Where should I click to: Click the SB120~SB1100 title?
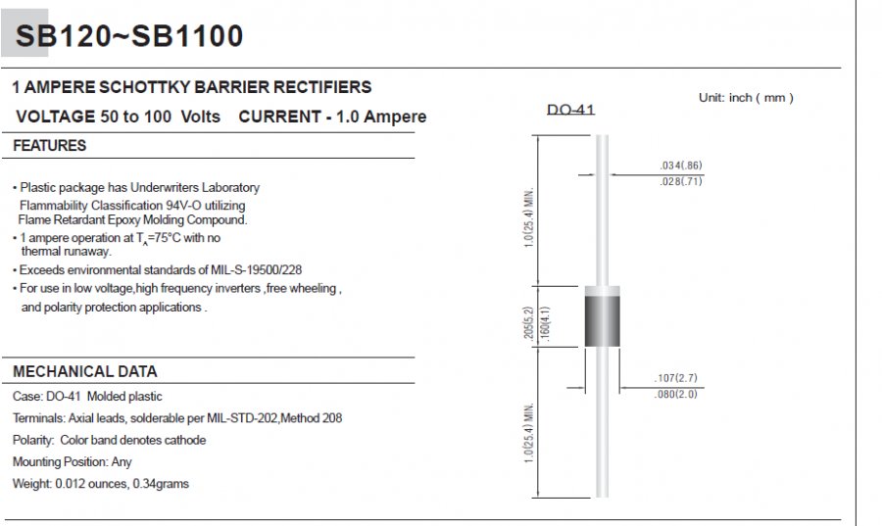(129, 35)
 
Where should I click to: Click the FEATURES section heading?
(50, 146)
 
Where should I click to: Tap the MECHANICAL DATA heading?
(85, 371)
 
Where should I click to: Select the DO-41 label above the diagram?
(571, 109)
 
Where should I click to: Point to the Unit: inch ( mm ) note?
(746, 98)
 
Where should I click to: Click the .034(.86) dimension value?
(681, 166)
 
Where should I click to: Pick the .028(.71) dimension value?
(681, 181)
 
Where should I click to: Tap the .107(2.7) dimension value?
(675, 378)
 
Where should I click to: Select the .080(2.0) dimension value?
(675, 394)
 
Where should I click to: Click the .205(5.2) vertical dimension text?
(528, 323)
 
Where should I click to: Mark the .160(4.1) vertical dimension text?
(545, 323)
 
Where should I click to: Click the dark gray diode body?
(603, 321)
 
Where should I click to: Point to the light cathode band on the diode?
(603, 291)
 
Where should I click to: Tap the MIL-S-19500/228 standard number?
(257, 269)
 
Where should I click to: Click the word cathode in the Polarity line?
(184, 440)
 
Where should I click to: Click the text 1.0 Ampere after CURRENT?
(381, 117)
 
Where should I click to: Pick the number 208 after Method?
(332, 418)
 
